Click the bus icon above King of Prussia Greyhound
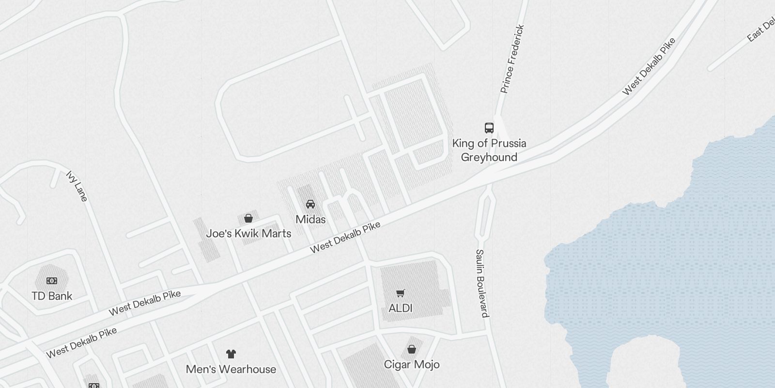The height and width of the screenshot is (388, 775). click(489, 128)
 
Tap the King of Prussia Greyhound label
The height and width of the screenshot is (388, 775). click(489, 150)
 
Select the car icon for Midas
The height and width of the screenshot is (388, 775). click(310, 204)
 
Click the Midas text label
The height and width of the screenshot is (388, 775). click(310, 219)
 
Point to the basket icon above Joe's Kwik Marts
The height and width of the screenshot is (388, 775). click(248, 218)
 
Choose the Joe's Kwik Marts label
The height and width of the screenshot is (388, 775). click(248, 233)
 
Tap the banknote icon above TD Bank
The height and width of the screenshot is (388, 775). click(52, 281)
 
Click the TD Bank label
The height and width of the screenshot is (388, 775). click(52, 296)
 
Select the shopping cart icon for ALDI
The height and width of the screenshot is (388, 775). click(401, 293)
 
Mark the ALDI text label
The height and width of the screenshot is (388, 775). click(401, 308)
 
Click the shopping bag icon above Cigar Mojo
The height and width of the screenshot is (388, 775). click(412, 349)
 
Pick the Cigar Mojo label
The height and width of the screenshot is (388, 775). click(412, 364)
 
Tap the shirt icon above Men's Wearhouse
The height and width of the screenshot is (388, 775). click(231, 354)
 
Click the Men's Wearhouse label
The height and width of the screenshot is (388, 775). click(231, 369)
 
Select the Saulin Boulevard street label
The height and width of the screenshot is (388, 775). click(481, 283)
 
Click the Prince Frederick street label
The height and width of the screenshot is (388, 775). click(512, 59)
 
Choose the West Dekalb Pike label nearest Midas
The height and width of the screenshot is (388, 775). click(345, 238)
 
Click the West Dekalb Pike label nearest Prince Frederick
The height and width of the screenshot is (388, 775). click(649, 66)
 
